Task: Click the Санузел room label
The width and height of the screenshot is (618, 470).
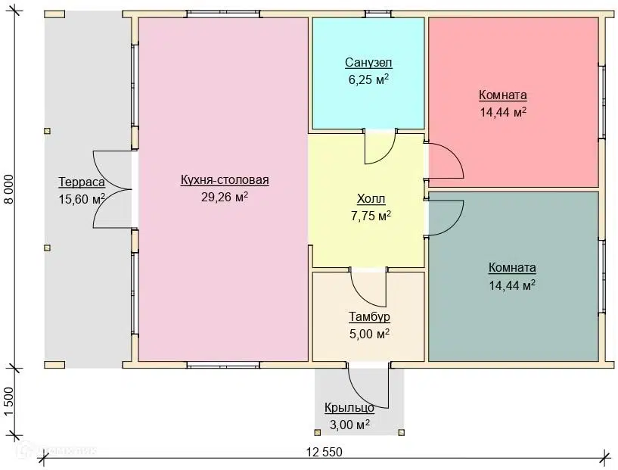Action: [368, 63]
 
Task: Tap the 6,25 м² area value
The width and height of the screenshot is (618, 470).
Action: [368, 79]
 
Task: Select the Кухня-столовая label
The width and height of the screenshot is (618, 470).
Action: [225, 180]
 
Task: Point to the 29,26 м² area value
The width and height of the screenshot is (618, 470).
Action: [225, 197]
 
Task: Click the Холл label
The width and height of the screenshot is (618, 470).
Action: [371, 199]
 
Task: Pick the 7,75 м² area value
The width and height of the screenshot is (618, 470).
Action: [371, 216]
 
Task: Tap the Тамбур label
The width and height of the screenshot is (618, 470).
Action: [369, 316]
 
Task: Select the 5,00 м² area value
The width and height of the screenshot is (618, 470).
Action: [369, 334]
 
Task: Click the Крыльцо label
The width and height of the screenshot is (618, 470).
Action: [349, 408]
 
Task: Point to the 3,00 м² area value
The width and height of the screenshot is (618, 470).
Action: [349, 425]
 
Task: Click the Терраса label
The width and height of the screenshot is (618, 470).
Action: [82, 182]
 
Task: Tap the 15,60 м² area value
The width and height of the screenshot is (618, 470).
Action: [82, 199]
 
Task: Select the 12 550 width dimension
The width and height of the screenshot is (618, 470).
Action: [325, 452]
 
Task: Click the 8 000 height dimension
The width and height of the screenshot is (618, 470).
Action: [8, 189]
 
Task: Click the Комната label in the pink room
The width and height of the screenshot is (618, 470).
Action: [503, 95]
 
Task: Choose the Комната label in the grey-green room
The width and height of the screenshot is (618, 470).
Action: [512, 268]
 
